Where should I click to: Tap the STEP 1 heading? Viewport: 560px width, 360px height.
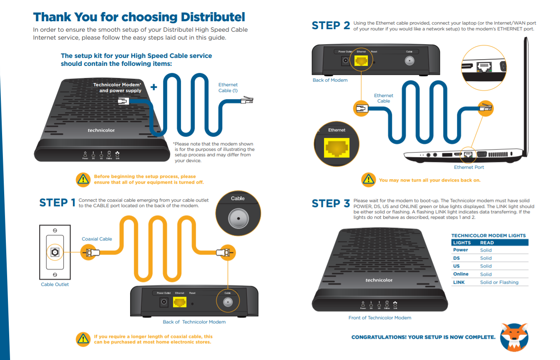point(58,202)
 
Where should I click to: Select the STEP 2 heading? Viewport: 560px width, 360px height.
point(331,25)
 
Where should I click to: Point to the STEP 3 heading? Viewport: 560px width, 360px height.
point(331,203)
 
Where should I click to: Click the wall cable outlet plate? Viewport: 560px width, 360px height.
point(55,252)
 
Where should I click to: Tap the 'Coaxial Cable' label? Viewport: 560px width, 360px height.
point(97,239)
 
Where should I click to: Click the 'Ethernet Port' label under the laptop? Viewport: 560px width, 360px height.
point(469,167)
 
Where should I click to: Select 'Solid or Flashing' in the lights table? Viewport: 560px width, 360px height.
point(499,282)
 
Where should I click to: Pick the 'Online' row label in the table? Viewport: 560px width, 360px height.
point(461,274)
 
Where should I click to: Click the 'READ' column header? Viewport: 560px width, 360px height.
point(487,242)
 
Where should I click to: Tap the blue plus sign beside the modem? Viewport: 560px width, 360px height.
point(154,87)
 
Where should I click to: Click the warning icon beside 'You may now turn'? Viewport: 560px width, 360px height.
point(368,180)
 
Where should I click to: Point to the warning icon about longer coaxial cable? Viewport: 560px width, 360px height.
point(83,339)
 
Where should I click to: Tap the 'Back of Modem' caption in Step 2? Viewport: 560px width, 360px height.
point(330,80)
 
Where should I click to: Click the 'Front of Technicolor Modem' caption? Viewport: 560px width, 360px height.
point(379,317)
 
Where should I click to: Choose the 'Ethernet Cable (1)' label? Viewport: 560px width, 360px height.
point(228,87)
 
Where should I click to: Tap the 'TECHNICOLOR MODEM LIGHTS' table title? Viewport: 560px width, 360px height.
point(488,235)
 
